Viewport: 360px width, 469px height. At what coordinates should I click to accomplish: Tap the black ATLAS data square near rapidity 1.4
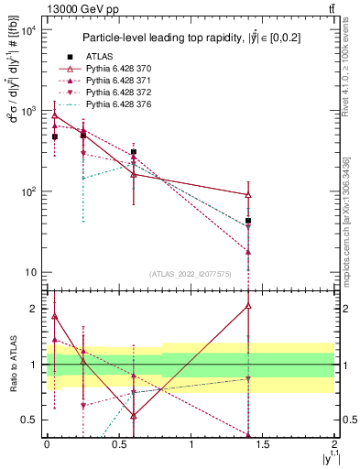click(x=248, y=221)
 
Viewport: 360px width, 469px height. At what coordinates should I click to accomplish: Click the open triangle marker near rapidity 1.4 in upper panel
click(x=248, y=194)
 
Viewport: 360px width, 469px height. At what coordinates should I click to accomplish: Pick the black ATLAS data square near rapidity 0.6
click(x=133, y=152)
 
